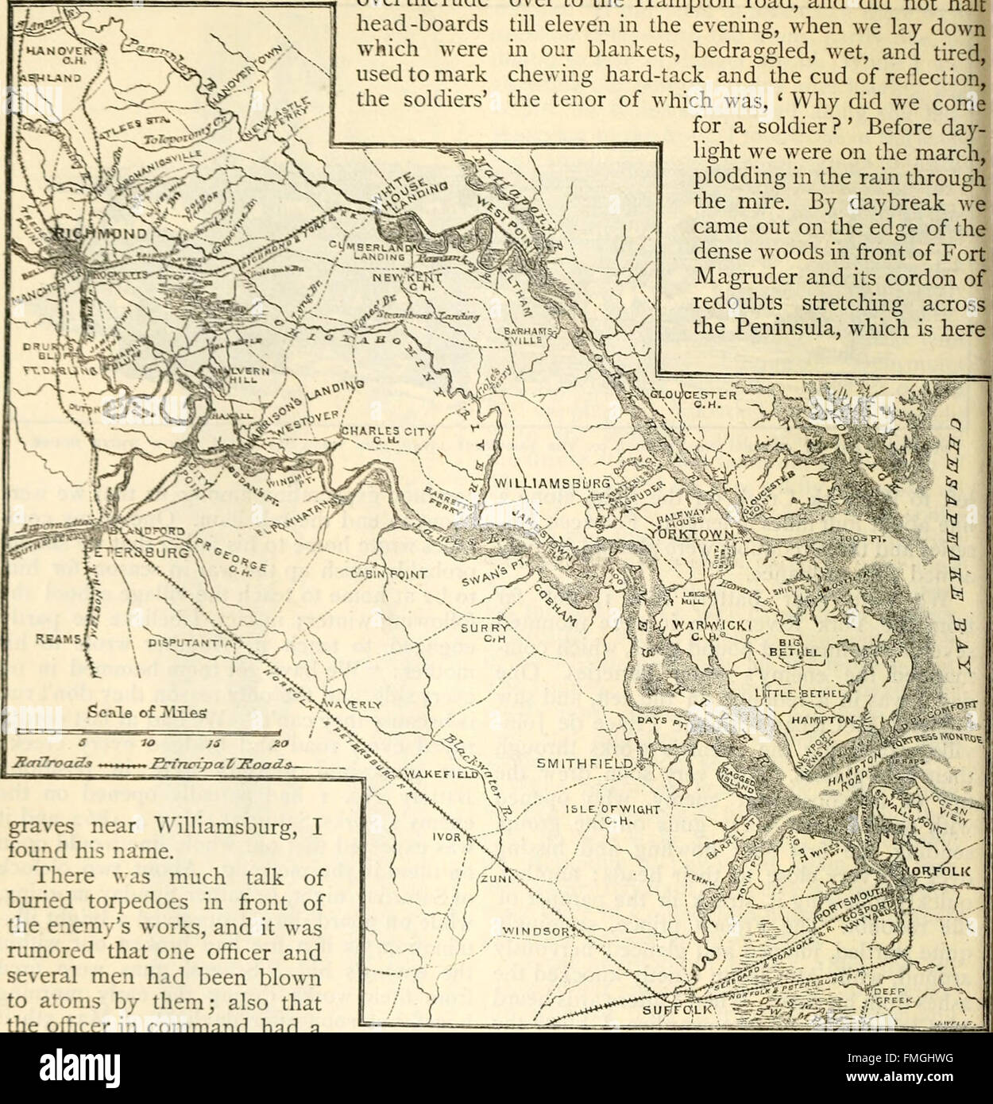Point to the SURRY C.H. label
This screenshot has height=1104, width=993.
point(483,631)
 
